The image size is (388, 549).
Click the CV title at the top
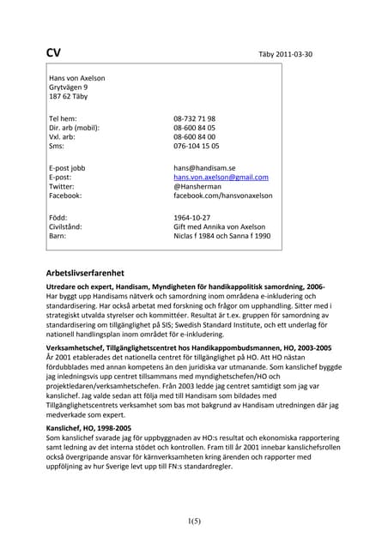click(53, 52)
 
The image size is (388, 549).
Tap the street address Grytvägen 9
click(69, 87)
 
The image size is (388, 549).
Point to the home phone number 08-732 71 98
click(194, 119)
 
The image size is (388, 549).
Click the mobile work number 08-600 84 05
click(194, 128)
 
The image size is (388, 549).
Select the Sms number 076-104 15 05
click(196, 147)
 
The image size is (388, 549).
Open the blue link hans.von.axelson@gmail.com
click(221, 178)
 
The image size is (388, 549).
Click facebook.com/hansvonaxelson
click(222, 196)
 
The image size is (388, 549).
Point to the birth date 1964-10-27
click(192, 218)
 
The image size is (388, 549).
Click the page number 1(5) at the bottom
click(194, 521)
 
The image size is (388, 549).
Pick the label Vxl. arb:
click(65, 137)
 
